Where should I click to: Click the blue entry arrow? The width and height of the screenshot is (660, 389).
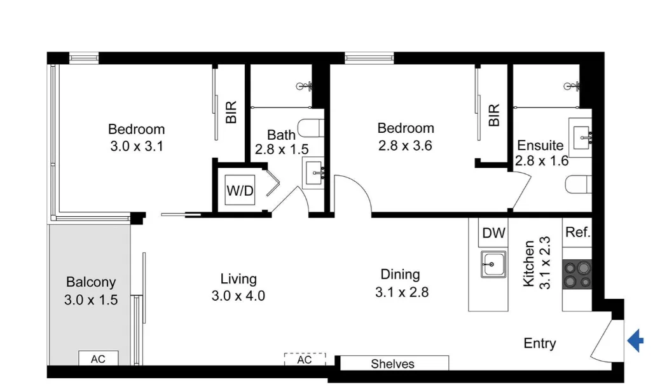tap(635, 341)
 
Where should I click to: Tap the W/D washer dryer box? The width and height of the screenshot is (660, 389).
tap(240, 191)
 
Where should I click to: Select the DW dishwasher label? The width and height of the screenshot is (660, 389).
tap(493, 233)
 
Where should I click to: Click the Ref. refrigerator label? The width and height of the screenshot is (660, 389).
tap(577, 233)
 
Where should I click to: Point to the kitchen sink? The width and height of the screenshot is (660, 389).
tap(493, 264)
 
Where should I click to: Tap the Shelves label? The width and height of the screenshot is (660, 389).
tap(392, 364)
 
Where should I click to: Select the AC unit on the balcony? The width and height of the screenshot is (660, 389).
tap(97, 359)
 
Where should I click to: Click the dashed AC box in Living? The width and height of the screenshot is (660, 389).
tap(305, 360)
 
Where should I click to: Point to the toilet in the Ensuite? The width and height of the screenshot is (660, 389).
tap(578, 184)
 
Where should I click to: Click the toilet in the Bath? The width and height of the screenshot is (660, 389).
tap(311, 128)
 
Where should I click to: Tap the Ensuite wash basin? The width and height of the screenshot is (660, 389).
tap(581, 135)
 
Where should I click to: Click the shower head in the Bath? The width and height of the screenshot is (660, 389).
tap(306, 86)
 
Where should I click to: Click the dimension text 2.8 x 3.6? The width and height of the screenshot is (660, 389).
tap(405, 146)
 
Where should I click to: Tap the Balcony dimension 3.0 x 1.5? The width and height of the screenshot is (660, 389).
tap(91, 300)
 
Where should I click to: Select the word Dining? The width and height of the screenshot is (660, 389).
tap(400, 275)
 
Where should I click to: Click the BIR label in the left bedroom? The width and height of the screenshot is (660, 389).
tap(231, 113)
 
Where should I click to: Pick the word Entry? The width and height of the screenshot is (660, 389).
tap(539, 344)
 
